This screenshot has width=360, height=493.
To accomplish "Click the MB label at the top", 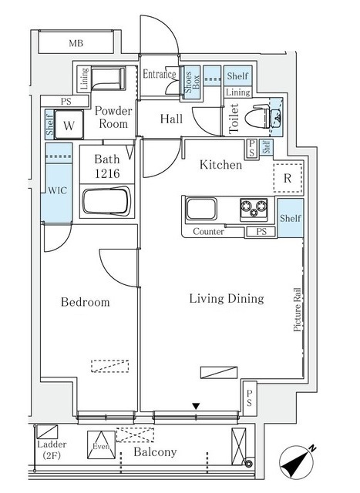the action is (x=76, y=43).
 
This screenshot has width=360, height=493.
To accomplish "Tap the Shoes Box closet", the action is (x=191, y=82).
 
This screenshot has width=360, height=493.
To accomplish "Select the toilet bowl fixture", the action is (x=261, y=116).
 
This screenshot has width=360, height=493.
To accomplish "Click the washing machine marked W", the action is (x=69, y=125).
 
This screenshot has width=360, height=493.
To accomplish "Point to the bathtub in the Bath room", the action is (x=106, y=201).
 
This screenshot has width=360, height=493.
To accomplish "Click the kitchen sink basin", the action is (x=201, y=209).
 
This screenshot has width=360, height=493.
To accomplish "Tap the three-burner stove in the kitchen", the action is (x=254, y=209).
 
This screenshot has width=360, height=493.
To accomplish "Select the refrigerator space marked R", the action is (x=288, y=178).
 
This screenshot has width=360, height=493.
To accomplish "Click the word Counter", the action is (x=208, y=232).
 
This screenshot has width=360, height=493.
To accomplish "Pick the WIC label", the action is (x=57, y=190).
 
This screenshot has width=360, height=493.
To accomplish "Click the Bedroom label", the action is (x=86, y=302).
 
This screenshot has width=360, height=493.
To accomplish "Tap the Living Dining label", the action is (x=227, y=299).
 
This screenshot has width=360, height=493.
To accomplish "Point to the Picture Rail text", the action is (x=297, y=310).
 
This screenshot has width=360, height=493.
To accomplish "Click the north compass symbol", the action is (x=297, y=462).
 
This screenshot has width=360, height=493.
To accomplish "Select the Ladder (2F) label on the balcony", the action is (x=52, y=450).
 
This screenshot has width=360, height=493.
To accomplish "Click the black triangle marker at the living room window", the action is (x=196, y=407).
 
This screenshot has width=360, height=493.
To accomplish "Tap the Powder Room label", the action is (x=113, y=117).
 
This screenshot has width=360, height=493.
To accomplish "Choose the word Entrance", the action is (x=160, y=74).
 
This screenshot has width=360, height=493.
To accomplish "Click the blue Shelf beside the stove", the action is (x=291, y=218).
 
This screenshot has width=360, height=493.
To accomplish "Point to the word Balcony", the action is (x=155, y=452).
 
